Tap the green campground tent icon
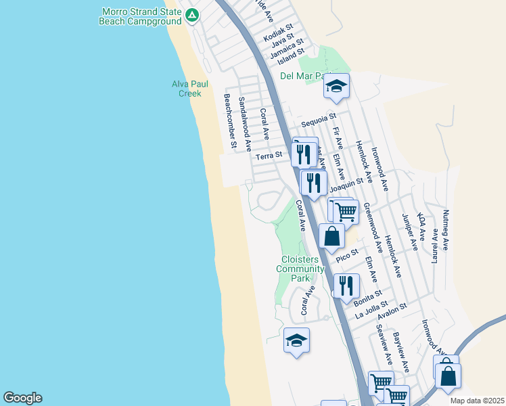[x=192, y=14]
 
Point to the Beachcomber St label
[x=230, y=121]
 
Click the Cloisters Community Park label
[x=300, y=269]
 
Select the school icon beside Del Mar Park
[x=336, y=87]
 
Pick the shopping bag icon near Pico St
[x=331, y=238]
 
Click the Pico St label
[x=347, y=258]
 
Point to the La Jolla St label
[x=372, y=309]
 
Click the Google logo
[x=22, y=398]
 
